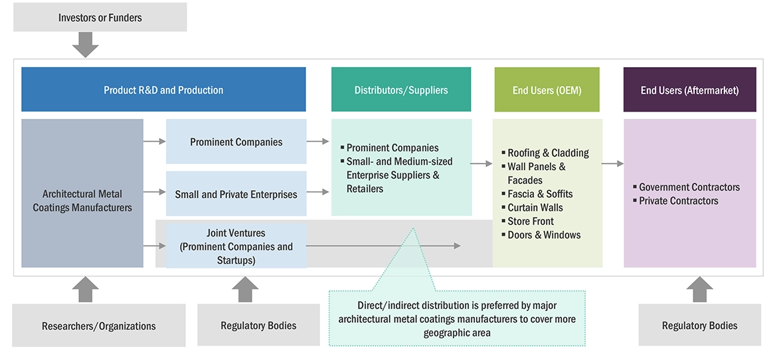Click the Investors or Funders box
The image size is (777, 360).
(100, 17)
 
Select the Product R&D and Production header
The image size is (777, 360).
(163, 90)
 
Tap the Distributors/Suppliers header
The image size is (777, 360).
(401, 90)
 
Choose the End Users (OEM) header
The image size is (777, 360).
(547, 90)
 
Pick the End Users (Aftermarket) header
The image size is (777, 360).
(689, 90)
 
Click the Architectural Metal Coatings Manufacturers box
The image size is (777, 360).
(82, 201)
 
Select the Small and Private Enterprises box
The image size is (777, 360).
(236, 195)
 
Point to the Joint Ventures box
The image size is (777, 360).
(236, 246)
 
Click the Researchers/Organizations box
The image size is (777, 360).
(99, 325)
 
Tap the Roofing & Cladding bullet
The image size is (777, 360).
(548, 153)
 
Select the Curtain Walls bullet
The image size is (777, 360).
(535, 207)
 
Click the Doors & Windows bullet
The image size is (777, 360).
(544, 234)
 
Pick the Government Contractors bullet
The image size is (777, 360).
(689, 187)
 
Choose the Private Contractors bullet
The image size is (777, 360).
(678, 201)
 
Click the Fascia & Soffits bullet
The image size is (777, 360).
(540, 194)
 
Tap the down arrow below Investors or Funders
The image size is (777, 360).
(85, 45)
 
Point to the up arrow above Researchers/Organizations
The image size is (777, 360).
(85, 290)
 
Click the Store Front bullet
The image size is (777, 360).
(531, 221)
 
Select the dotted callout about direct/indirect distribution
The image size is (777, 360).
(457, 319)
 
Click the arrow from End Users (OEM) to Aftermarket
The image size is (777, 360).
(613, 163)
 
